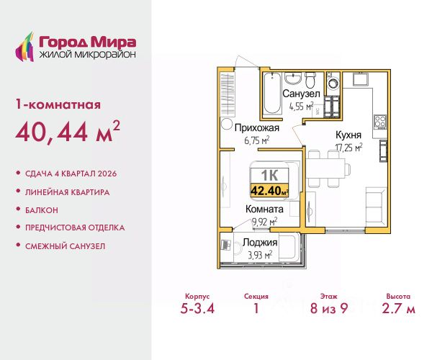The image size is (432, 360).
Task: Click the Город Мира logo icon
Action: [24, 47]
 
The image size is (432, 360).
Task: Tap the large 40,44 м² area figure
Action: [68, 131]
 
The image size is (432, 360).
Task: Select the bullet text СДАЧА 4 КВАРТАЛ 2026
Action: [71, 174]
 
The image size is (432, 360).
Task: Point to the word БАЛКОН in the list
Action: [42, 210]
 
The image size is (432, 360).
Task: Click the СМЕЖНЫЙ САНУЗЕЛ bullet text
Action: [66, 246]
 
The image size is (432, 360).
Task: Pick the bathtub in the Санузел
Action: [272, 93]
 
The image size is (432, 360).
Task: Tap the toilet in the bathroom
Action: [310, 79]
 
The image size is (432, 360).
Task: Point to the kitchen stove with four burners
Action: [380, 122]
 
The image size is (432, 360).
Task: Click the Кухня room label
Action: [348, 135]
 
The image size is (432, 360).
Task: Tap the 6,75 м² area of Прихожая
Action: [257, 140]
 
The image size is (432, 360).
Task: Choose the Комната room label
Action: [264, 209]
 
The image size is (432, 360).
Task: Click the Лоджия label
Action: [260, 243]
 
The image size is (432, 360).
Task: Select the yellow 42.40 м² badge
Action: [269, 190]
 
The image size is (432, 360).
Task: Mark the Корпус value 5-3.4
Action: [197, 308]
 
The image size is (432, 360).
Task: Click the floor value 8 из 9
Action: [329, 308]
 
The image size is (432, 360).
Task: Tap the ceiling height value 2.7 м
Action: [398, 308]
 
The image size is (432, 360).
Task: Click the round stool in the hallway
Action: [227, 124]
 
